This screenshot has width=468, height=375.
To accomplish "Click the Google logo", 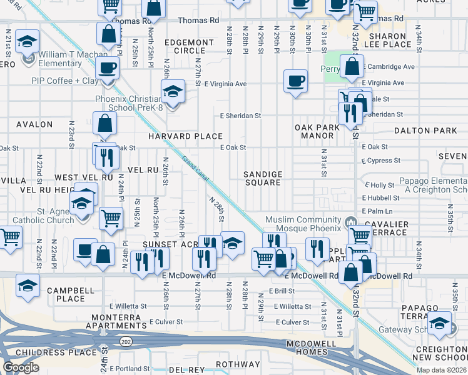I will click(x=21, y=367).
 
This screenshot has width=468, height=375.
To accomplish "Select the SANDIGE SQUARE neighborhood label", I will click(x=263, y=178).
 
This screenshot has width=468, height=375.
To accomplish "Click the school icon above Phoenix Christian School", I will click(x=173, y=91).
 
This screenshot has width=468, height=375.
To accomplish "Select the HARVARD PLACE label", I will click(x=185, y=136).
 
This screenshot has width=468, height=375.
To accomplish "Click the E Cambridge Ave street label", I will click(x=389, y=67).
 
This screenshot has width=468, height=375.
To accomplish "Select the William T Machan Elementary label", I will click(x=69, y=59).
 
